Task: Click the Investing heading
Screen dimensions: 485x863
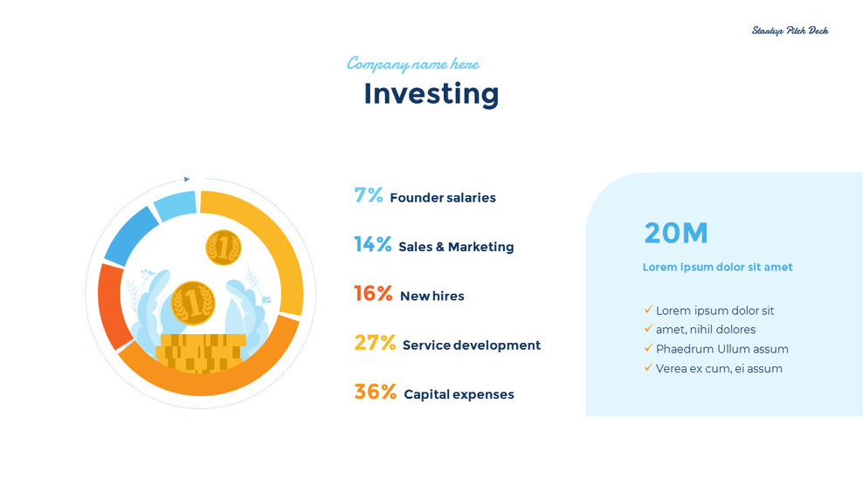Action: tap(431, 93)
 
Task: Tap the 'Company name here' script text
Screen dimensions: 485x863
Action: tap(412, 64)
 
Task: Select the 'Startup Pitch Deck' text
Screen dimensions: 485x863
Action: tap(790, 31)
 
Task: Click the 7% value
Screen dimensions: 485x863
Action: tap(368, 195)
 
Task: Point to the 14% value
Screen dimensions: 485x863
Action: tap(372, 245)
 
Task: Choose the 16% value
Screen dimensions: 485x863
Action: tap(373, 294)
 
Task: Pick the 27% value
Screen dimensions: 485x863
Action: tap(375, 343)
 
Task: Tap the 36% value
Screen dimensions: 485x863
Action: tap(375, 392)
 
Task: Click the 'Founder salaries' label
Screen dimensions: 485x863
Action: tap(442, 198)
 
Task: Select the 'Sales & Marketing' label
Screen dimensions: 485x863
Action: tap(456, 247)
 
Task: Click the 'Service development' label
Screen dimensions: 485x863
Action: tap(471, 345)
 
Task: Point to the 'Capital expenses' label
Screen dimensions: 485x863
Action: tap(459, 394)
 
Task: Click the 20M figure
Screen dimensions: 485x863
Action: tap(675, 233)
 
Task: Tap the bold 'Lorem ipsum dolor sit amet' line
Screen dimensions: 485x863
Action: tap(717, 267)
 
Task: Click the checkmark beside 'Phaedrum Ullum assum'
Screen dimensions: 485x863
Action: tap(648, 348)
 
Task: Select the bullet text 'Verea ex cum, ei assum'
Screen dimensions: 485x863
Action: tap(719, 368)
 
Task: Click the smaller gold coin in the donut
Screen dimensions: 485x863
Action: tap(223, 248)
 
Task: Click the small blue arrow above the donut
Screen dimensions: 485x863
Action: tap(187, 180)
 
